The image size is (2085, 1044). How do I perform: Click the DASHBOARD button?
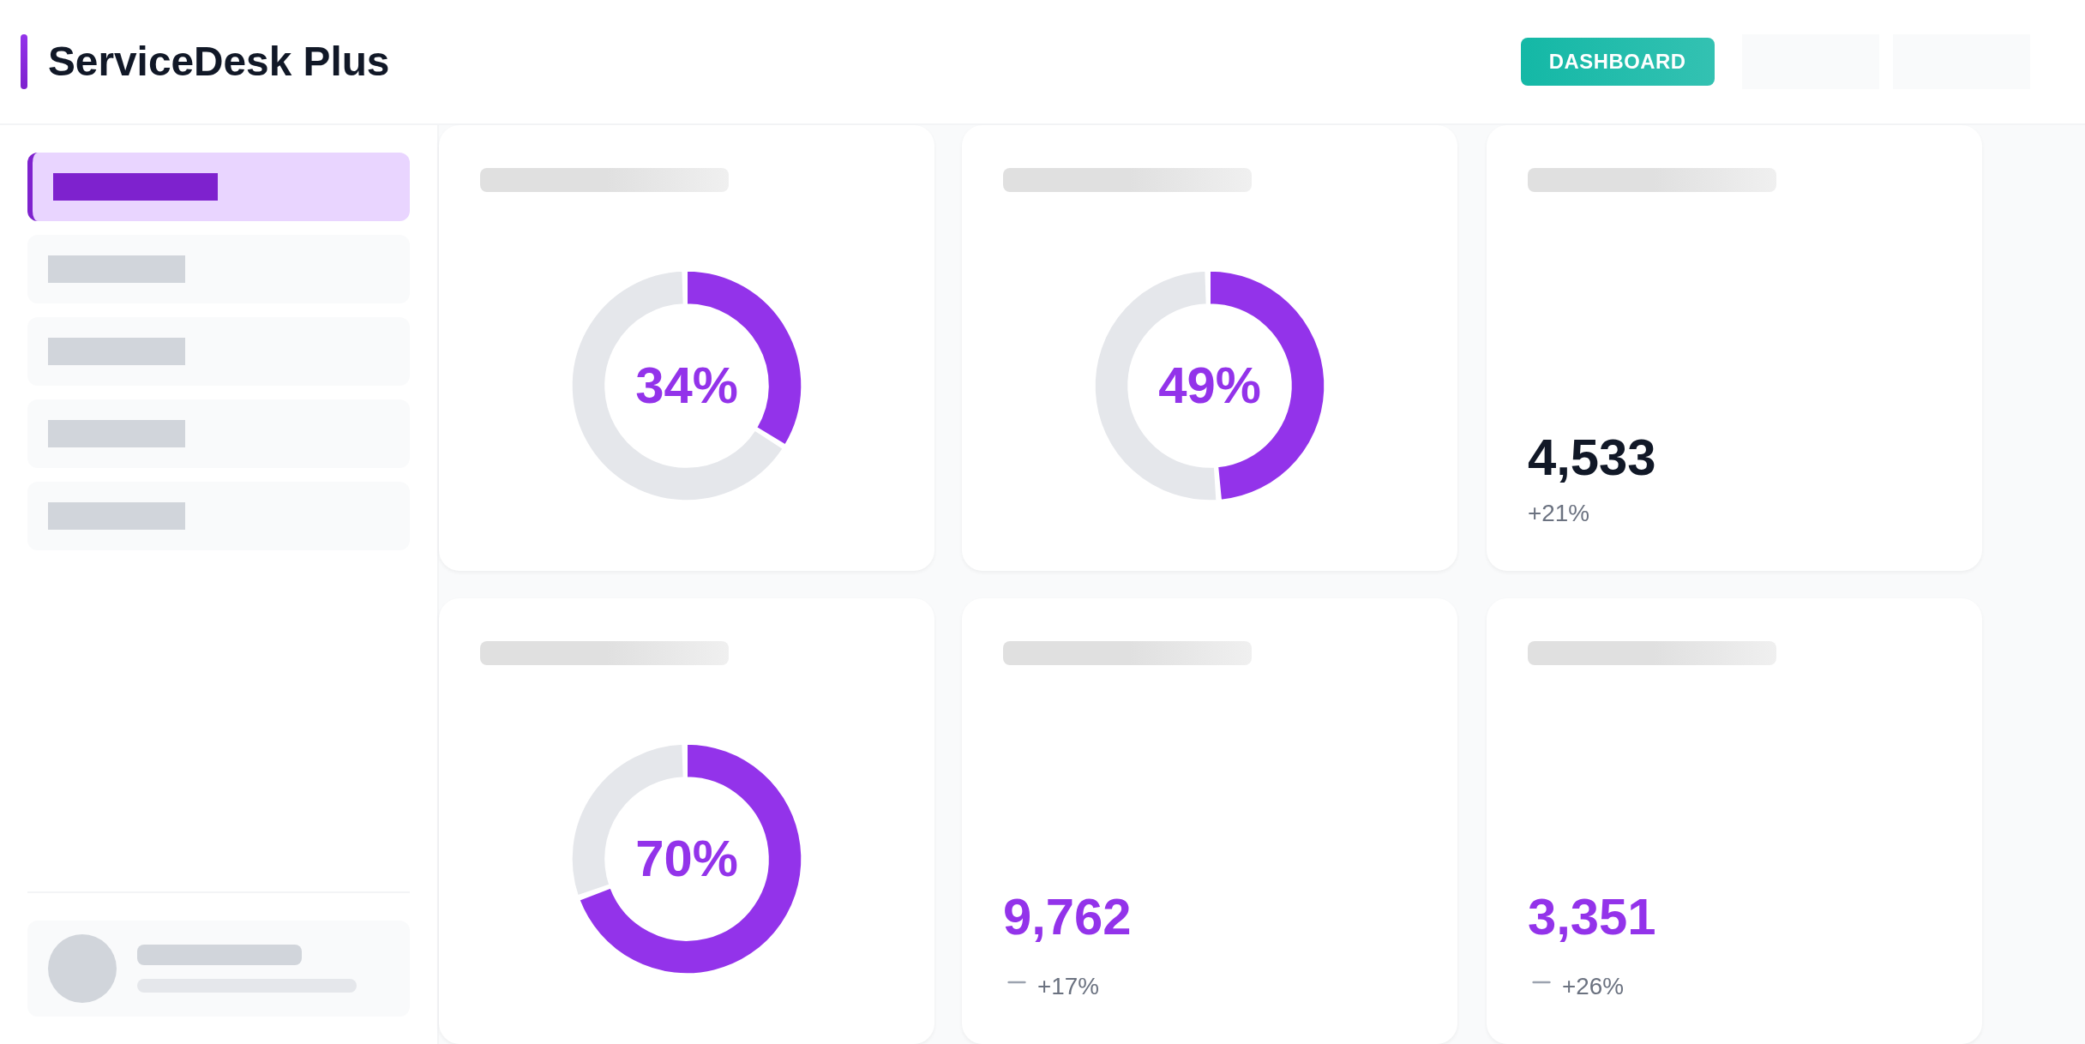1617,62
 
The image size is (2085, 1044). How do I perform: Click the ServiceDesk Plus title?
218,62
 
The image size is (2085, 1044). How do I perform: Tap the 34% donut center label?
686,386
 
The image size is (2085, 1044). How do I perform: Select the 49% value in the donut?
1209,386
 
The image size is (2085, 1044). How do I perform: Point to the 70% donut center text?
686,859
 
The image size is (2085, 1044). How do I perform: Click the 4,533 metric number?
1590,458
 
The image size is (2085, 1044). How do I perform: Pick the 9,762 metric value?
1067,917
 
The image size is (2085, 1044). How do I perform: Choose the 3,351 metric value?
1590,917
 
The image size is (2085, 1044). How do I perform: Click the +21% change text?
1558,513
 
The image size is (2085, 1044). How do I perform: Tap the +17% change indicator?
1067,987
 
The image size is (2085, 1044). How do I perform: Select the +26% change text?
1592,987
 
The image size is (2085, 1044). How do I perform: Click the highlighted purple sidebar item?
219,187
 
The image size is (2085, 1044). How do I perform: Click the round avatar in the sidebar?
82,969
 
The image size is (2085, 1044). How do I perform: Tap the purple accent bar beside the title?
24,62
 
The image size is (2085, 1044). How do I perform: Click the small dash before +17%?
1017,982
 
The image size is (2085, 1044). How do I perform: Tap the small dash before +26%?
1541,982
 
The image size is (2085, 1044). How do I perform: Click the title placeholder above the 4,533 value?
1651,180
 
